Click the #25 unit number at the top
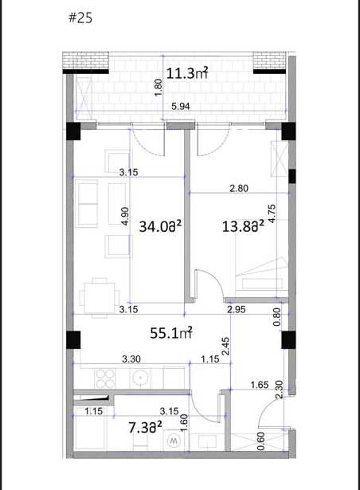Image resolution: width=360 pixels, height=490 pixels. click(x=80, y=18)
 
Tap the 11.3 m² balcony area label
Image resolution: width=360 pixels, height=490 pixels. click(x=187, y=73)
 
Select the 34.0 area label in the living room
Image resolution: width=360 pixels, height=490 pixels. click(x=160, y=226)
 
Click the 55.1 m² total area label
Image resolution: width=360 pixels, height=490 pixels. click(x=171, y=333)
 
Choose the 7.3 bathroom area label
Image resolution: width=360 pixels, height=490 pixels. click(x=145, y=428)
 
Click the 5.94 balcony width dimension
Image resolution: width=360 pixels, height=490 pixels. click(x=181, y=107)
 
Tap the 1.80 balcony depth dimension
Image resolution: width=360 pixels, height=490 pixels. click(x=158, y=88)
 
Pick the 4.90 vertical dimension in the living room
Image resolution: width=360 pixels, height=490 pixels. click(x=125, y=216)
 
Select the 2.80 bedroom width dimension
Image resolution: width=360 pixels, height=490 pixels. click(x=239, y=189)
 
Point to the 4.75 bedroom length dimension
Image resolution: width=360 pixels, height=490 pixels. click(x=272, y=214)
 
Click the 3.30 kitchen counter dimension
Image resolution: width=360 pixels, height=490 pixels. click(x=131, y=359)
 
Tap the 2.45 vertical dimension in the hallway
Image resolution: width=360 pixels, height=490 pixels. click(x=225, y=346)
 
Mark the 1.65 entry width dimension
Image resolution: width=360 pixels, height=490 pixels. click(x=260, y=385)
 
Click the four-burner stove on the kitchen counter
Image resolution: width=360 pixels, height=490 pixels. click(x=105, y=378)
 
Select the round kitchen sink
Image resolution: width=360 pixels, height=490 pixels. click(x=141, y=378)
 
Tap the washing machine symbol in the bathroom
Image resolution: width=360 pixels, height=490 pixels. click(x=173, y=441)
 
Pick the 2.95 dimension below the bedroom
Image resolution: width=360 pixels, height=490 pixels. click(x=237, y=309)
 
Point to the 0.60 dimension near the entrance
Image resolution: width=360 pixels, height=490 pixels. click(x=261, y=441)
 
